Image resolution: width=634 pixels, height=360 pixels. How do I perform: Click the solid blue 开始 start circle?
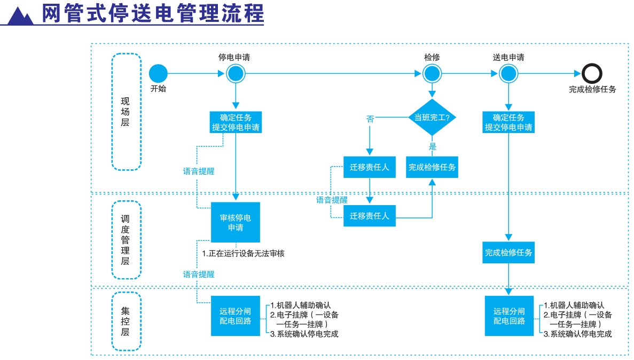158,74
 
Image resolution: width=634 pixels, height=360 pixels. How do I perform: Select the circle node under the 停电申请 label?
236,74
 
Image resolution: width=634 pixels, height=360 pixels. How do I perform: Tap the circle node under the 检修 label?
432,74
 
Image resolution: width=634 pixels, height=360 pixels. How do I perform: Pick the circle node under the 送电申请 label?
508,74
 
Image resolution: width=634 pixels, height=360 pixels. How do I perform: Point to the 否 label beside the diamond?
370,119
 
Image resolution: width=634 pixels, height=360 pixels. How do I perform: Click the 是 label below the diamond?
432,146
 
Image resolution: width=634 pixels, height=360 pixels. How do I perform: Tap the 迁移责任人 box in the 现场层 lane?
370,167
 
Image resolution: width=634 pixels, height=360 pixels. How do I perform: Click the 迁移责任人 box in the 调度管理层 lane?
370,216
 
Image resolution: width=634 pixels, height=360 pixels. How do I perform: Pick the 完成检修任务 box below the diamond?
432,167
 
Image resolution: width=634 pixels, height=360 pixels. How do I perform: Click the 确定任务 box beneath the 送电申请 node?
508,122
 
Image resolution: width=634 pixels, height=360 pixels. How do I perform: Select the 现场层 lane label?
126,112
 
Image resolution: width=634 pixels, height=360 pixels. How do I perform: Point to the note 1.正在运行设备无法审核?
243,253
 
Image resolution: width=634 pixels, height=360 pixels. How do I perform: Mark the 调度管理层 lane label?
126,240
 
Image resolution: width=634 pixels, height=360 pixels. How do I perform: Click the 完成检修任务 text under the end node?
592,89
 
